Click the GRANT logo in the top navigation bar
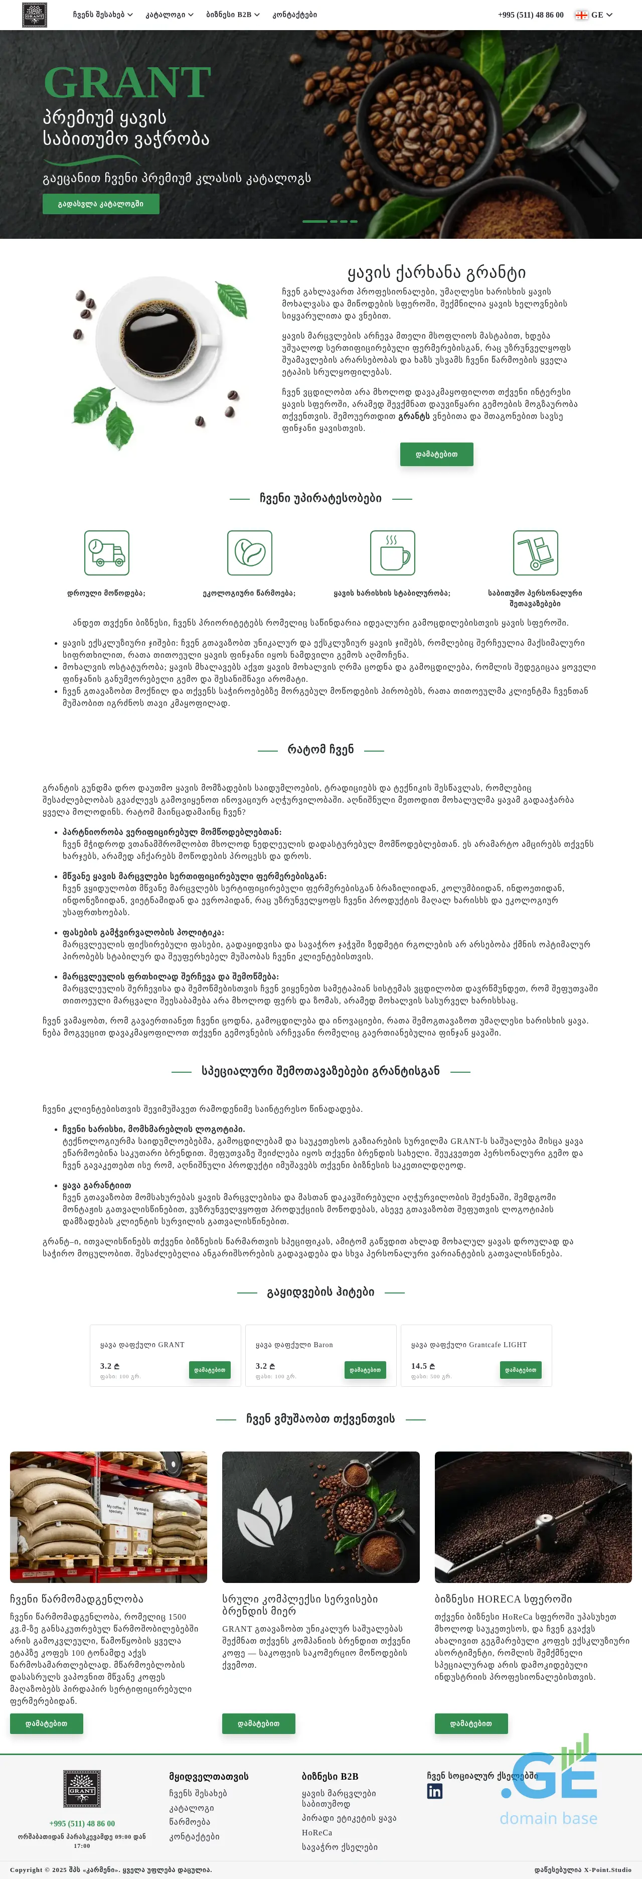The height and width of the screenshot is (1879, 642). pos(34,15)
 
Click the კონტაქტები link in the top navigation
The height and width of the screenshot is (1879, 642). pos(295,15)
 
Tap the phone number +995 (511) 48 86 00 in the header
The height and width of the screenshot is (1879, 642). pos(530,15)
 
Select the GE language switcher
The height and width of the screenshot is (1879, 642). pos(594,15)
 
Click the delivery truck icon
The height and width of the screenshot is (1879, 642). pos(106,553)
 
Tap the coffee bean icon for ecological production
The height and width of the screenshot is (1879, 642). pos(249,553)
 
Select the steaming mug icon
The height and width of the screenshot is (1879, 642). pos(393,553)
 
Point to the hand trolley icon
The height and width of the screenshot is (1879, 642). pos(536,553)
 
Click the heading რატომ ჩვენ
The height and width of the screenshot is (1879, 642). pos(320,749)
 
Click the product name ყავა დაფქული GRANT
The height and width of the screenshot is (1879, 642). pos(142,1344)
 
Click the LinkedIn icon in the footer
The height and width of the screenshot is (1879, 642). pos(435,1792)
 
